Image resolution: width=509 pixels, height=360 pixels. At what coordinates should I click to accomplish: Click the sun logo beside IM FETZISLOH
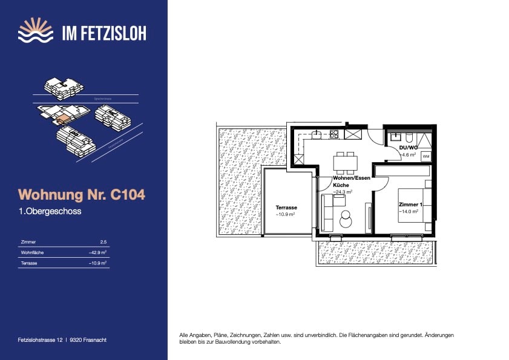36,30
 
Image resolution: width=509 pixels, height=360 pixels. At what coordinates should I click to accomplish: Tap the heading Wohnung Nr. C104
82,195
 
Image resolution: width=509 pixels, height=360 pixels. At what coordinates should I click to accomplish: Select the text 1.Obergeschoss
50,212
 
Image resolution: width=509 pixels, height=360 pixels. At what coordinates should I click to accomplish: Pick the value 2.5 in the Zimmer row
103,241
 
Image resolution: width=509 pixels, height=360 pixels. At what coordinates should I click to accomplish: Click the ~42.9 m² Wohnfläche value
97,252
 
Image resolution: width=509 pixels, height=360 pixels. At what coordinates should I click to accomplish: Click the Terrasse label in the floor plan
286,208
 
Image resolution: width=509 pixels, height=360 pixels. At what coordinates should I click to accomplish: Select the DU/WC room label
409,148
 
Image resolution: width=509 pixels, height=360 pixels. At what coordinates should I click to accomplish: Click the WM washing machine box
425,157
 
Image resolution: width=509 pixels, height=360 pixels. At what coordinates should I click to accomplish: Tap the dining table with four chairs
345,162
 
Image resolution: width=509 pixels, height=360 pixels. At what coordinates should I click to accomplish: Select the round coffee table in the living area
346,218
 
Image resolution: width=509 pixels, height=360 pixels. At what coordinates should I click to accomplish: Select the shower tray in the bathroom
425,139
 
